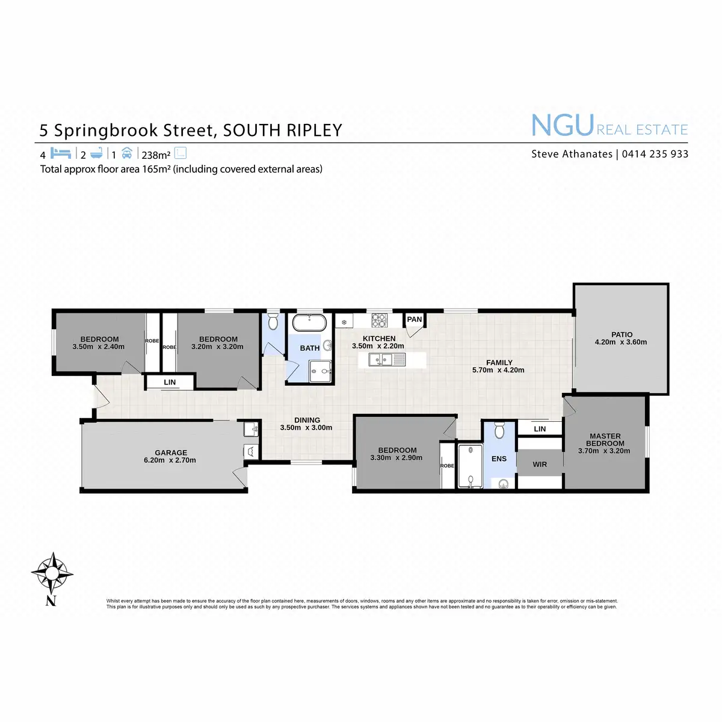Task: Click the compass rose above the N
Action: click(52, 572)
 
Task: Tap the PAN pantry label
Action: click(415, 319)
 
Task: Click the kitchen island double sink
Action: click(381, 360)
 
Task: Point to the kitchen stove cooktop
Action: click(378, 319)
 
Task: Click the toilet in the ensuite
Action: click(499, 431)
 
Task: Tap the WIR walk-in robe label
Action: click(540, 464)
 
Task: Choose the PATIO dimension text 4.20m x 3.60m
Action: click(620, 342)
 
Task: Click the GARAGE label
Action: click(171, 452)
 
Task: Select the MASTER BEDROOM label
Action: click(605, 440)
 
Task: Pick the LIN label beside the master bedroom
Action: click(540, 429)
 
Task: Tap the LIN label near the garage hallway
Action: click(170, 382)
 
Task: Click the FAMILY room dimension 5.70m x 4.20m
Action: click(498, 370)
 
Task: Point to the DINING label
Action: click(307, 420)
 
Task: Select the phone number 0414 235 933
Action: click(655, 154)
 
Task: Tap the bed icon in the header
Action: click(61, 153)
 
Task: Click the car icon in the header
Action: click(126, 153)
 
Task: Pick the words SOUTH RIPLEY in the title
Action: click(282, 130)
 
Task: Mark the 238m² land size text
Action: click(156, 155)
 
